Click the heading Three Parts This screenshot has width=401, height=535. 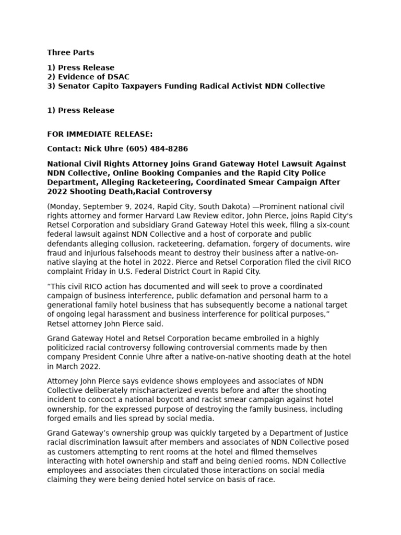coord(70,52)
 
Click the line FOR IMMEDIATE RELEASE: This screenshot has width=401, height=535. coord(100,134)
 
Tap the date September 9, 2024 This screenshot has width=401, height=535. coord(114,207)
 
